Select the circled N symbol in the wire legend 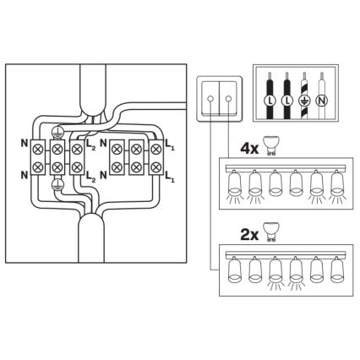[x=322, y=101]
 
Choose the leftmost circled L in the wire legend [x=269, y=101]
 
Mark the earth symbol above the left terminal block [x=57, y=132]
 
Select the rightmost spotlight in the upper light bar [x=337, y=184]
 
